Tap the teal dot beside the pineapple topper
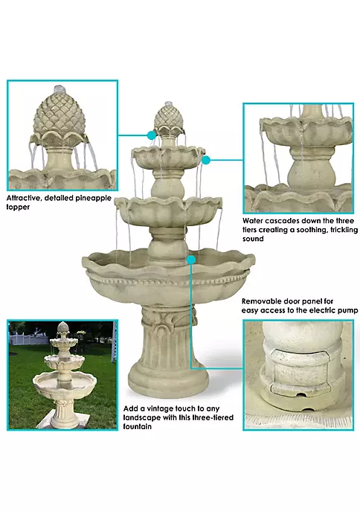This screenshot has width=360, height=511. click(152, 135)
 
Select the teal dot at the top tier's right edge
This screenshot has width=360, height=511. click(206, 160)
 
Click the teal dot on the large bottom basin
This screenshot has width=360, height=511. click(191, 260)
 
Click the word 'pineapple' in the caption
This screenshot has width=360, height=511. click(93, 198)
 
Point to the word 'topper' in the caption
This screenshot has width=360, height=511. click(18, 208)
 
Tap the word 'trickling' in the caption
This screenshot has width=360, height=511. click(344, 230)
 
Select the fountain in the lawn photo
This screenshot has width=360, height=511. click(63, 375)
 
